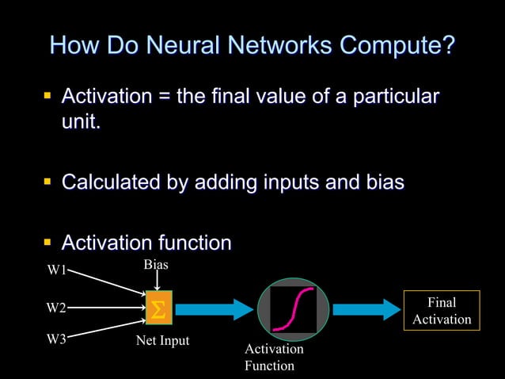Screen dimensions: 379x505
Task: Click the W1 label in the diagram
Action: [x=56, y=270]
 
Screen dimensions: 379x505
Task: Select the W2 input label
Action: [x=56, y=307]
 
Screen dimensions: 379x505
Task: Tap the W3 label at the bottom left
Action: [x=56, y=339]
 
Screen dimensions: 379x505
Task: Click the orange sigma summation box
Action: [x=158, y=308]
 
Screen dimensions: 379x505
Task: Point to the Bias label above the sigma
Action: [x=156, y=263]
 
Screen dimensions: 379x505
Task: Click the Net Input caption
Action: [x=162, y=342]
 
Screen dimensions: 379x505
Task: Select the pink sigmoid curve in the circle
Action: [x=293, y=308]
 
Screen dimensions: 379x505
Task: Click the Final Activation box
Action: [x=442, y=311]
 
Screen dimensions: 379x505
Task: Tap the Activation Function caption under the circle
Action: [x=274, y=357]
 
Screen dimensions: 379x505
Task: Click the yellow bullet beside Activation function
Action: [x=47, y=240]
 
